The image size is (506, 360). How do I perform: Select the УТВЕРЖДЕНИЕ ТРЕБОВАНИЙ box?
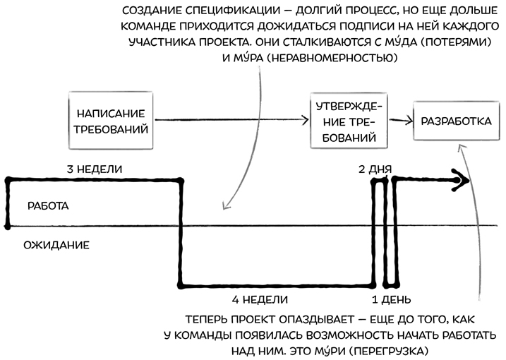tap(349, 121)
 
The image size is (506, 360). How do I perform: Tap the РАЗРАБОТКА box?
tap(455, 121)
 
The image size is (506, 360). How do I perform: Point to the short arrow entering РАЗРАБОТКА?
tap(401, 121)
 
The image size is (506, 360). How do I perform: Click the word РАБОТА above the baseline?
tap(47, 205)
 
